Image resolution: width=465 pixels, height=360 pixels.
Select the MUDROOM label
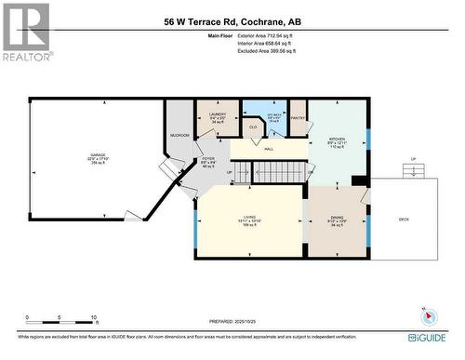[179, 135]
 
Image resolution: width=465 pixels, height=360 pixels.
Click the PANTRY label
[298, 118]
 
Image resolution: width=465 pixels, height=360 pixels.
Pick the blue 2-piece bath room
[274, 117]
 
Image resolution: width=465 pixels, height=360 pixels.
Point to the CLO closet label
[252, 127]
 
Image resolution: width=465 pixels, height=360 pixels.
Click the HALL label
[268, 149]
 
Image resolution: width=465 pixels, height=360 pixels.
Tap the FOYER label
[208, 161]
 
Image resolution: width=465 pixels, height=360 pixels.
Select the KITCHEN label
[337, 141]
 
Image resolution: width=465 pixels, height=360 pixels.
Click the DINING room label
[337, 220]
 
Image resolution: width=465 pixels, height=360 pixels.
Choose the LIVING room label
[249, 220]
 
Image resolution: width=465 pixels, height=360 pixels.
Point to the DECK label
[404, 220]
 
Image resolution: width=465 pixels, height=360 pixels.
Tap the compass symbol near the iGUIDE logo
[426, 314]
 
